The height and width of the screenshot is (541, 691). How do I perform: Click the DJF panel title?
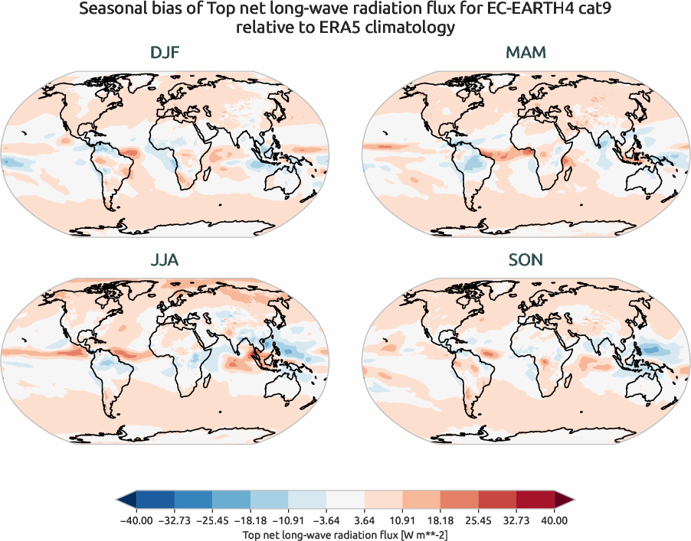tap(165, 53)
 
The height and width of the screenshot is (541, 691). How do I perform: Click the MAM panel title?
tap(526, 53)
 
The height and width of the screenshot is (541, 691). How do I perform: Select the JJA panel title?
tap(165, 260)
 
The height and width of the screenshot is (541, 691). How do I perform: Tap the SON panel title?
tap(526, 260)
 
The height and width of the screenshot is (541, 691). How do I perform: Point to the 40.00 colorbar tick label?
tap(555, 520)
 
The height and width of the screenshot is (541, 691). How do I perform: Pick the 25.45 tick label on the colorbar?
tap(479, 520)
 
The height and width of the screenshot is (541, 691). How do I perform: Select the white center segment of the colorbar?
tap(345, 500)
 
